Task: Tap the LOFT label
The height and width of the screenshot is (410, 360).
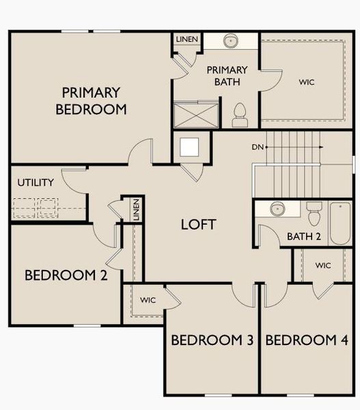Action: click(x=198, y=224)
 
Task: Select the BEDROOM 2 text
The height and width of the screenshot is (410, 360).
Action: click(x=66, y=275)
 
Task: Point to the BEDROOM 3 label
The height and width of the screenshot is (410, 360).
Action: click(x=211, y=340)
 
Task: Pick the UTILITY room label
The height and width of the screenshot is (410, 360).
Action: click(x=34, y=183)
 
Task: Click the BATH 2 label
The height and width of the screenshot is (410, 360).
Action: click(x=303, y=237)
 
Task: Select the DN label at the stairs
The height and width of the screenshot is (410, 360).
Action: click(x=257, y=147)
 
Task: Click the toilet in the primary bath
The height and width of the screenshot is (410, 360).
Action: click(x=240, y=115)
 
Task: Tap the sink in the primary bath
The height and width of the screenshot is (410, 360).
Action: click(x=232, y=41)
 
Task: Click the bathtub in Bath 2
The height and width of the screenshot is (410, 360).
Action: click(x=340, y=223)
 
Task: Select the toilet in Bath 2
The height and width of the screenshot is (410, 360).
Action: click(x=314, y=215)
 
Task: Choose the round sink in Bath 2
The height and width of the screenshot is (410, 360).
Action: click(x=277, y=209)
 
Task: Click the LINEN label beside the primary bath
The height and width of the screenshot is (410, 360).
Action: click(x=186, y=40)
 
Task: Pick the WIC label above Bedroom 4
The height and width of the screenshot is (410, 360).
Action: click(x=324, y=265)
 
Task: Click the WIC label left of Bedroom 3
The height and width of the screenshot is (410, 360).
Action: click(x=148, y=300)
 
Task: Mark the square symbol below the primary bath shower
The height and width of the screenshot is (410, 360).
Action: click(x=189, y=146)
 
